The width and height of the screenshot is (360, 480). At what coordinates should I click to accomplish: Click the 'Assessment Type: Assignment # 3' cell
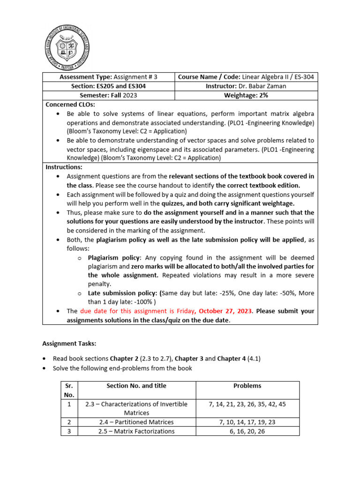pyautogui.click(x=108, y=77)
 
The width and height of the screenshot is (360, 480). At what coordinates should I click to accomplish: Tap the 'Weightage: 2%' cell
pyautogui.click(x=246, y=95)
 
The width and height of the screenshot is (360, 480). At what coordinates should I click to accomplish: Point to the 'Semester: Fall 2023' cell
pyautogui.click(x=108, y=95)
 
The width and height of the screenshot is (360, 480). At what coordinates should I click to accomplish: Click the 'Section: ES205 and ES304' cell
pyautogui.click(x=108, y=86)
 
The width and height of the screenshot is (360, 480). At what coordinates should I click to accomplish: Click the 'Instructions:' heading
pyautogui.click(x=64, y=167)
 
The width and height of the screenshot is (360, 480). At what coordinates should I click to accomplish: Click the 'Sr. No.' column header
pyautogui.click(x=69, y=390)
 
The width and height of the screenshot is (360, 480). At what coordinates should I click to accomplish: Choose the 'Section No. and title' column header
pyautogui.click(x=136, y=386)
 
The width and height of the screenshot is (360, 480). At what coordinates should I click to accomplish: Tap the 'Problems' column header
pyautogui.click(x=247, y=386)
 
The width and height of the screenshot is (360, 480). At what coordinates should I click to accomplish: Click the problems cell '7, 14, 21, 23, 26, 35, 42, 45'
pyautogui.click(x=247, y=404)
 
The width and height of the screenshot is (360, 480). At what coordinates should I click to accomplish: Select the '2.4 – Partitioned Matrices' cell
pyautogui.click(x=136, y=422)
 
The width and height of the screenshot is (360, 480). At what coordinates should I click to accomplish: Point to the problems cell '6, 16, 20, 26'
pyautogui.click(x=247, y=431)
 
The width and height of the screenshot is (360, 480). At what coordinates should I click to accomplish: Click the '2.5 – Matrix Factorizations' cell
pyautogui.click(x=136, y=431)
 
